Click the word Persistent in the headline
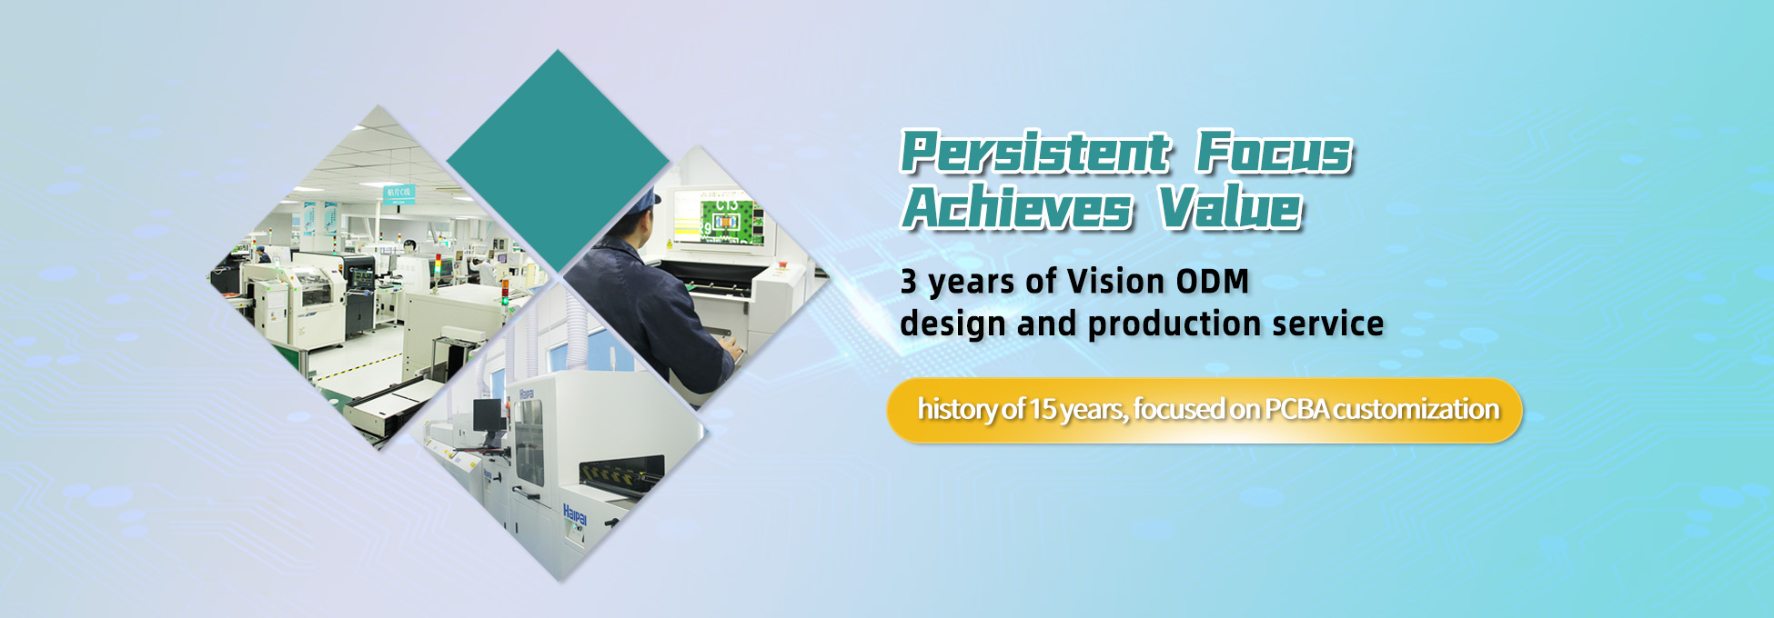1033,152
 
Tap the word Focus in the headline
1274,152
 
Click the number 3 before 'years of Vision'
909,282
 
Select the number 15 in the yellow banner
1042,409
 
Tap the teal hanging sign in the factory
398,194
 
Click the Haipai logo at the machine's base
575,514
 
